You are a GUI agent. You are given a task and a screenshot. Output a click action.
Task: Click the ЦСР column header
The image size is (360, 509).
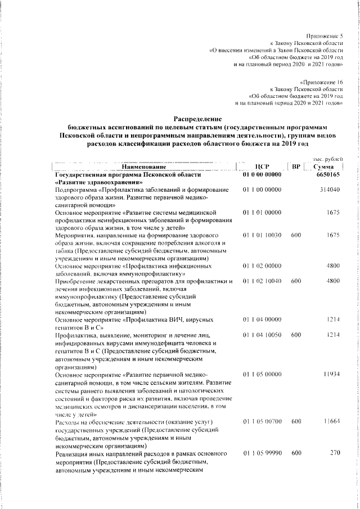coord(263,167)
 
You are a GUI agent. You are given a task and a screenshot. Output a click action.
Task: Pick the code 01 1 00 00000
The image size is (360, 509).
coord(262,190)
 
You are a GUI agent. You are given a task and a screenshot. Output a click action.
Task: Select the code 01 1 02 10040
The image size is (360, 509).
coord(262,280)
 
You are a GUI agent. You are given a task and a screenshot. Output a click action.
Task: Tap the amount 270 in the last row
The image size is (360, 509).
coord(335,452)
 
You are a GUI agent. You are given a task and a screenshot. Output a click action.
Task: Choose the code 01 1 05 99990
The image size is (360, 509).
coord(262,452)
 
